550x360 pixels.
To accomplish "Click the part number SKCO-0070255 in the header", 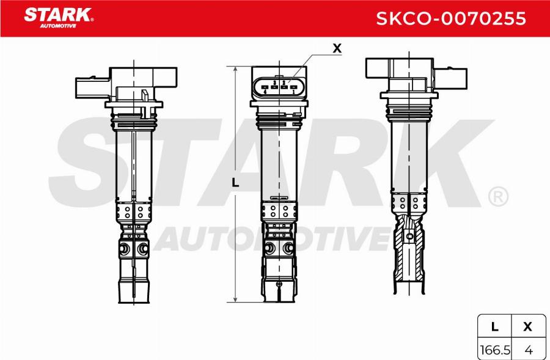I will pyautogui.click(x=450, y=19).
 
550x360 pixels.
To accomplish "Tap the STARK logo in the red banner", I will pyautogui.click(x=58, y=13).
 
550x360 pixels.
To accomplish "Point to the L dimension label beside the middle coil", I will pyautogui.click(x=235, y=183).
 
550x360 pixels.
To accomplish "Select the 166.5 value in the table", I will pyautogui.click(x=494, y=350).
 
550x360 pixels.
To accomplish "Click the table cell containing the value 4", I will pyautogui.click(x=528, y=350).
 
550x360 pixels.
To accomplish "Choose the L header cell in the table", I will pyautogui.click(x=494, y=327).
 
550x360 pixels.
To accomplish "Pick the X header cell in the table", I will pyautogui.click(x=528, y=327).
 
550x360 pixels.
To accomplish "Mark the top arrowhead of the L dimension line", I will pyautogui.click(x=235, y=68).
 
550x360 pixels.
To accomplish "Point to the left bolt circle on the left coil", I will pyautogui.click(x=124, y=249).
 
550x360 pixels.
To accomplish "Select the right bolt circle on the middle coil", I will pyautogui.click(x=288, y=249).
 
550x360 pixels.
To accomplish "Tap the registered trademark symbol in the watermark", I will pyautogui.click(x=498, y=197).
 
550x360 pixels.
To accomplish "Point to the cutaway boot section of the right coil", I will pyautogui.click(x=407, y=251).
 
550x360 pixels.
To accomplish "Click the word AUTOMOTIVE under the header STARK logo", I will pyautogui.click(x=57, y=26).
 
